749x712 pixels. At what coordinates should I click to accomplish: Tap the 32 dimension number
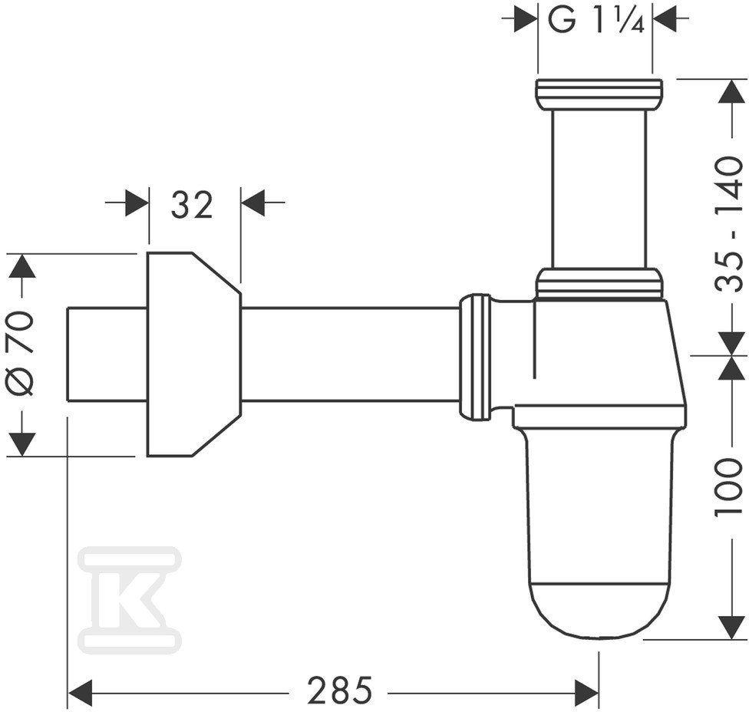192,206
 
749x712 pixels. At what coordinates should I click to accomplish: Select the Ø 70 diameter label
21,354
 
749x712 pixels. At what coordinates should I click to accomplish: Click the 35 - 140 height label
729,224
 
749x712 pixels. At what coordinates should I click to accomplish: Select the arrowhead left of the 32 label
137,203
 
